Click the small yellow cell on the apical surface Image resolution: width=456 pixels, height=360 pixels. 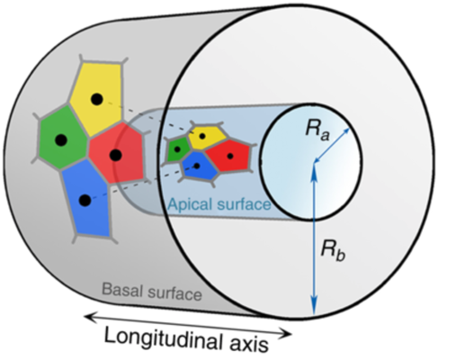pos(207,137)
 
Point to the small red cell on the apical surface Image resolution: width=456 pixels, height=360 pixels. pos(229,156)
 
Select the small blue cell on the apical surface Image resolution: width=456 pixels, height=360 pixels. pos(200,166)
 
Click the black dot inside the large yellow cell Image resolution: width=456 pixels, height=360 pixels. pos(96,99)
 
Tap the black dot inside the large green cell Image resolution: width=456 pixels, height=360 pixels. pos(61,139)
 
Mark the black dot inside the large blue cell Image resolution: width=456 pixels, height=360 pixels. pos(85,200)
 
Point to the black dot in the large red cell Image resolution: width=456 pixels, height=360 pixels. pos(115,155)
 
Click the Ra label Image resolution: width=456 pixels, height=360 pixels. pos(317,130)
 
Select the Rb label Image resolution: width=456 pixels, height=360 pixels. pos(333,250)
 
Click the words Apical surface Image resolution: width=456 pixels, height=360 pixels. pos(219,204)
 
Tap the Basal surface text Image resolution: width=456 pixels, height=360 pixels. pos(152,291)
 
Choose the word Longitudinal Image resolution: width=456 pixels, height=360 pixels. pos(165,338)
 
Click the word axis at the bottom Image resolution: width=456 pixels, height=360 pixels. pos(249,345)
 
